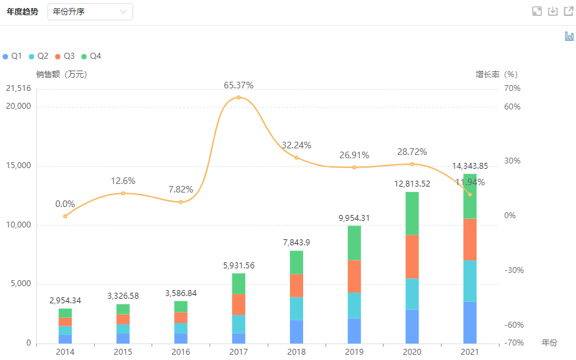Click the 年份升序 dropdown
pos(90,12)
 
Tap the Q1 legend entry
pos(13,56)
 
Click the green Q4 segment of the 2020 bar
pos(412,213)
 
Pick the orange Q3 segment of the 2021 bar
pos(469,239)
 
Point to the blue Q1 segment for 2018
pos(297,332)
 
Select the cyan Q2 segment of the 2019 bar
pos(354,305)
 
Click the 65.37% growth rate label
pos(239,85)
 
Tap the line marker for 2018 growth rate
pos(297,158)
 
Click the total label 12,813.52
pos(412,183)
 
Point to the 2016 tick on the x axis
pos(181,352)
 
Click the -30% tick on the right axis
pos(512,270)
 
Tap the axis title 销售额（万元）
pos(61,75)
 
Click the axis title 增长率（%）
pos(497,75)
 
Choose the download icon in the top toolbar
pos(553,11)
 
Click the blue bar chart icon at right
pos(569,36)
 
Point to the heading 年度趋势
pos(22,12)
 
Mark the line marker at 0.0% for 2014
pos(65,216)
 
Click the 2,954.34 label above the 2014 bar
pos(65,301)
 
